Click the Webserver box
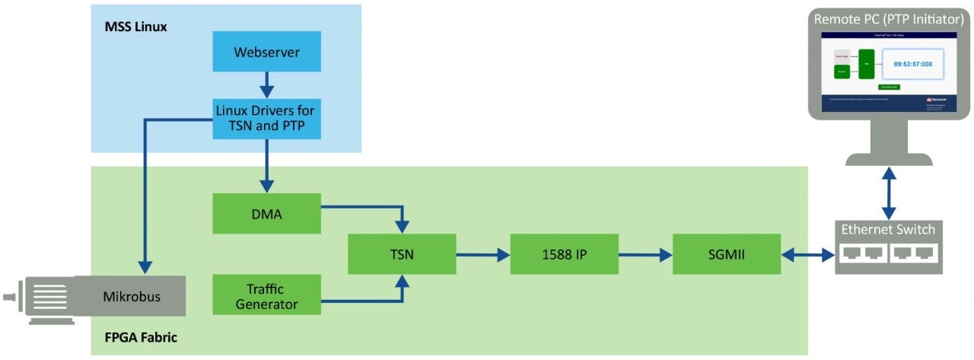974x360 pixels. point(266,52)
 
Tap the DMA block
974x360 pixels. point(266,214)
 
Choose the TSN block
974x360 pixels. point(401,253)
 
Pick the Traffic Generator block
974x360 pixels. point(266,296)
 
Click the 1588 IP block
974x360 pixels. point(564,253)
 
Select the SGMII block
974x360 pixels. point(727,253)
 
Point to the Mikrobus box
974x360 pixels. point(132,296)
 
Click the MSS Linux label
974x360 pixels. point(135,27)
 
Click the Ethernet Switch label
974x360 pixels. point(888,229)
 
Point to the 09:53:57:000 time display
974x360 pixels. point(912,64)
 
